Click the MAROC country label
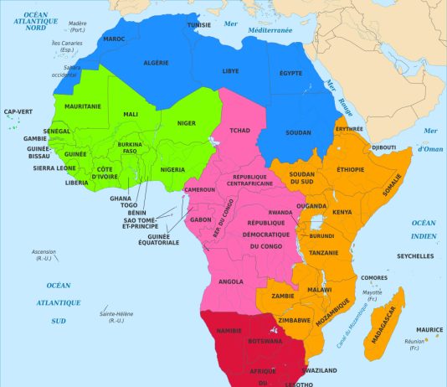(x=115, y=39)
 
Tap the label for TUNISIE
(x=198, y=25)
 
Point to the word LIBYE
(x=230, y=71)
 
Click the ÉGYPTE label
(x=290, y=73)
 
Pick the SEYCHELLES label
(x=415, y=255)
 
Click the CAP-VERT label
(x=18, y=111)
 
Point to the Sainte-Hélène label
(x=112, y=317)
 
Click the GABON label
(x=202, y=219)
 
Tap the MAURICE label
(x=429, y=329)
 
